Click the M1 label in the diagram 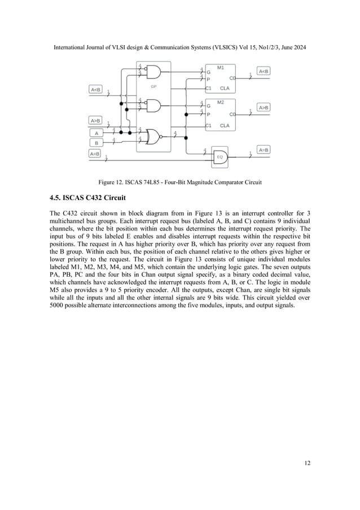(220, 68)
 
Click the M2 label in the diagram (220, 102)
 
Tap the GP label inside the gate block (153, 86)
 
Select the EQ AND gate (220, 160)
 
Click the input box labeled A (96, 133)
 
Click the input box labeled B (96, 142)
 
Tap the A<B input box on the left (95, 89)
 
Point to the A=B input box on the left (95, 153)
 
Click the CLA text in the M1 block (225, 89)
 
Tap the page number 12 (306, 464)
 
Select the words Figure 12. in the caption (112, 182)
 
